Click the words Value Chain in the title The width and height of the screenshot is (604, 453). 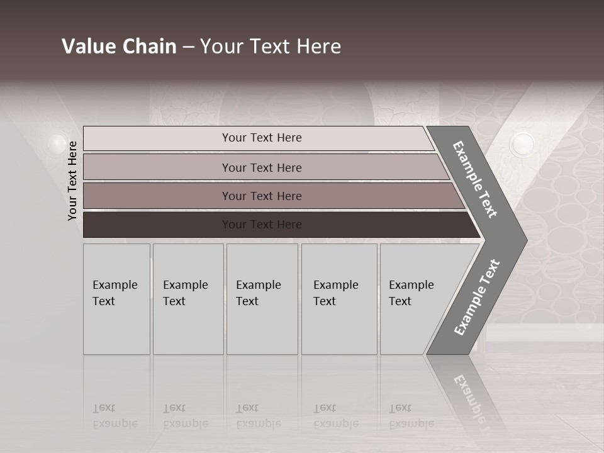119,47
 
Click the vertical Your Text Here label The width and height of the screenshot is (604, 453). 72,181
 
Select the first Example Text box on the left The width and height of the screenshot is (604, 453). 116,299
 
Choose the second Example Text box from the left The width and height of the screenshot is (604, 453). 188,299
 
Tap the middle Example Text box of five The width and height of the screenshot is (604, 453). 262,299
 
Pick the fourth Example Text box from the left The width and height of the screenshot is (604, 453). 339,299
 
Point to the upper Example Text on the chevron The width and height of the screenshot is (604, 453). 475,179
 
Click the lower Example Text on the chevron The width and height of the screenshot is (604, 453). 477,297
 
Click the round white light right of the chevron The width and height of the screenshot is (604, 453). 522,145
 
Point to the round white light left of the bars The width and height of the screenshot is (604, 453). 57,143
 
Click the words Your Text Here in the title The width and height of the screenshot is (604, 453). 271,47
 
